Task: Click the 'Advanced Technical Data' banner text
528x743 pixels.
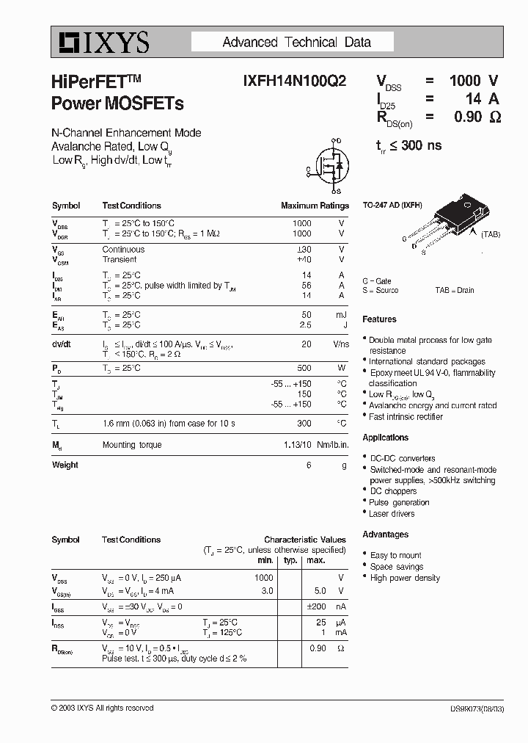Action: coord(296,43)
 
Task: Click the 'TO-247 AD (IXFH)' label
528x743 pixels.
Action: coord(392,206)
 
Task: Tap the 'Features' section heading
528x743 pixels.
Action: coord(379,319)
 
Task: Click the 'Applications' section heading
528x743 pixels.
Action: coord(385,438)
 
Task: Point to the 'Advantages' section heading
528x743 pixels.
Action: coord(385,534)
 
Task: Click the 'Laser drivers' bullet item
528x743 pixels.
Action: coord(392,513)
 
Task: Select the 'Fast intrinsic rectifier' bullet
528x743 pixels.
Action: coord(406,416)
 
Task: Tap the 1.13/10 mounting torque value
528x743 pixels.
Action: coord(297,445)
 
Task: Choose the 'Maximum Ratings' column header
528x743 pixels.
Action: coord(315,206)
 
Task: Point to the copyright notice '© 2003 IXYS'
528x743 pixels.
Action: coord(103,708)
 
